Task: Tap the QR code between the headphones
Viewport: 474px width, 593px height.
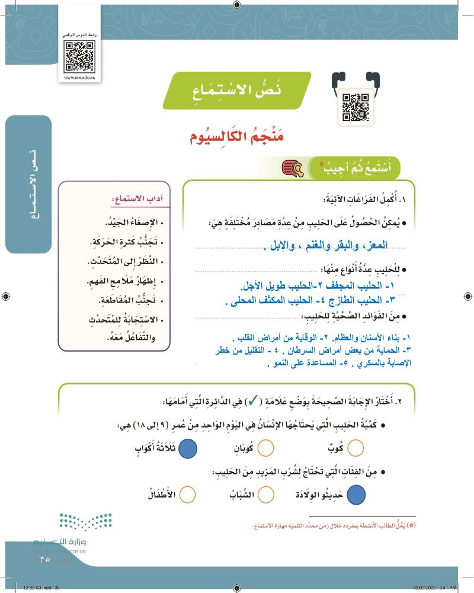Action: pos(355,107)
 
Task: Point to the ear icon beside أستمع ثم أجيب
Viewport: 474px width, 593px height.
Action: pos(293,168)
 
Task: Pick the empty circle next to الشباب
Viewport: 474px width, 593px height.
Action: pos(266,493)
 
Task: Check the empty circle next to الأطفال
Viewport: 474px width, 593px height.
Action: pos(187,493)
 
